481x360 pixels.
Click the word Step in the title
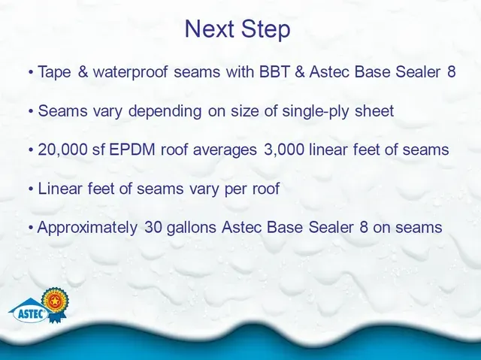click(x=265, y=30)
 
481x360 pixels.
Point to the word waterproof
click(x=130, y=73)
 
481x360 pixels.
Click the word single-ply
click(x=316, y=112)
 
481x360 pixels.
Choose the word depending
click(x=165, y=112)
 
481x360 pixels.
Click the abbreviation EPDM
click(x=132, y=150)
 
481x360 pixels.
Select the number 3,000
click(x=284, y=150)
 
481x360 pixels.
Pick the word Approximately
click(x=87, y=228)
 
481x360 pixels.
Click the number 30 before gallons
click(x=153, y=227)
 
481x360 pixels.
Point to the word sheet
click(x=374, y=111)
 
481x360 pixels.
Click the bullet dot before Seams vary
click(x=31, y=111)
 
